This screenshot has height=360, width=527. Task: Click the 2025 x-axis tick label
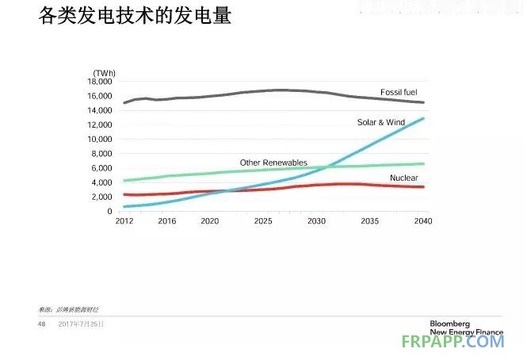coord(263,221)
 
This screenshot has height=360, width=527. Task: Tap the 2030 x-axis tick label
coord(317,221)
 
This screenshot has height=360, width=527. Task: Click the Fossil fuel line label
coord(398,93)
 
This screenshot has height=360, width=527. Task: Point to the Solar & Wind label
coord(380,123)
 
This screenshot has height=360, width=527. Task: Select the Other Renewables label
coord(273,163)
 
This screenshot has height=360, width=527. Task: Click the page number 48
coord(42,324)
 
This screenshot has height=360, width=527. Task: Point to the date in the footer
coord(82,324)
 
